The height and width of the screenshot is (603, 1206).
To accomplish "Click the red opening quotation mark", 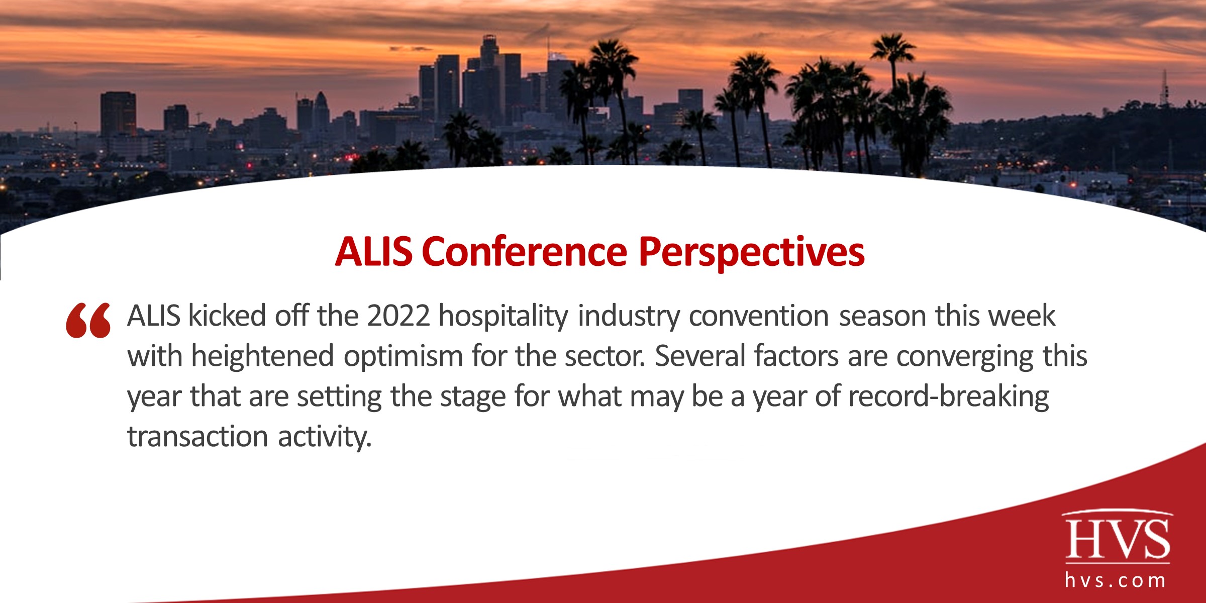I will [88, 320].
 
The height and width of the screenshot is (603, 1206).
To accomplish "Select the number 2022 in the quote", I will [398, 316].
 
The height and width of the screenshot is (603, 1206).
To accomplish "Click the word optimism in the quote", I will [403, 357].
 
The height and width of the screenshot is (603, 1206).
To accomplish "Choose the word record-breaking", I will [948, 396].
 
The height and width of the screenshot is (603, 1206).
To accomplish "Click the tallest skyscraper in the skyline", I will [488, 75].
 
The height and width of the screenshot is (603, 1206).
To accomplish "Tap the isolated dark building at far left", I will [118, 115].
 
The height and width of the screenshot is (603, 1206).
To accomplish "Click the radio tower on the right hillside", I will [1164, 90].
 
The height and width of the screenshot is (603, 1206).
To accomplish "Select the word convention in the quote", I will [758, 316].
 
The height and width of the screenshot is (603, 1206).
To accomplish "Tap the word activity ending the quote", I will [325, 436].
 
